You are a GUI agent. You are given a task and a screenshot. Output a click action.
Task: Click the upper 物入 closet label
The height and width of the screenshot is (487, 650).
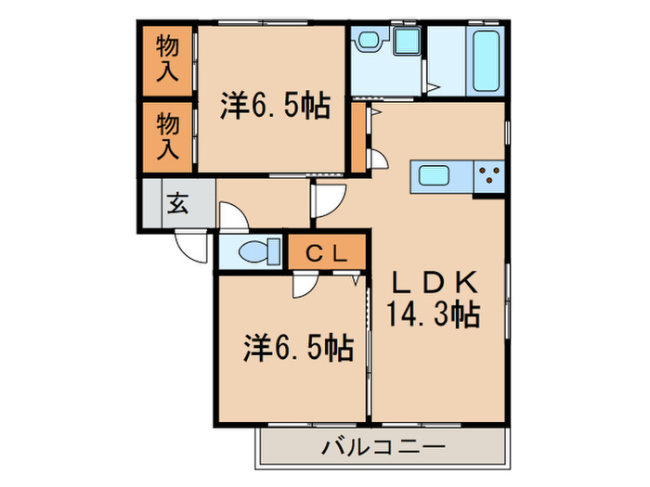click(x=167, y=58)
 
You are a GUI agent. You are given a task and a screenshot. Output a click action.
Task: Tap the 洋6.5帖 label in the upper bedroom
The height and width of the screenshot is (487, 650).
click(x=275, y=107)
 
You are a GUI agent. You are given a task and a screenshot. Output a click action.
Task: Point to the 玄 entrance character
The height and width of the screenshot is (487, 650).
click(x=176, y=203)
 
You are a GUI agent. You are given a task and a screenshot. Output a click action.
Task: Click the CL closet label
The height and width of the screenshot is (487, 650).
click(x=328, y=251)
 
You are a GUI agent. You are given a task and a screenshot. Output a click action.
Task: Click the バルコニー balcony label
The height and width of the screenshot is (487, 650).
click(x=383, y=448)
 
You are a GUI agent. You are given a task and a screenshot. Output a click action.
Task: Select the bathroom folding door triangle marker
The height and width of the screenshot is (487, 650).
click(x=432, y=88)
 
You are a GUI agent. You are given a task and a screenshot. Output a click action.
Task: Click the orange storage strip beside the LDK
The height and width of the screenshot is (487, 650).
click(x=358, y=140)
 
